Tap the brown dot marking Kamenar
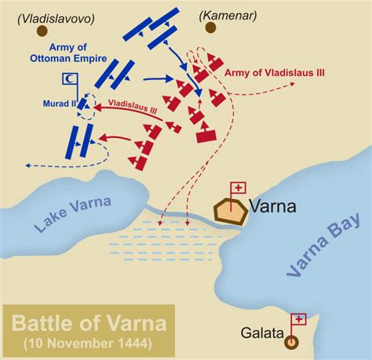tap(211, 29)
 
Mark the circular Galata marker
tap(293, 341)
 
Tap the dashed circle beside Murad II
tap(88, 103)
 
